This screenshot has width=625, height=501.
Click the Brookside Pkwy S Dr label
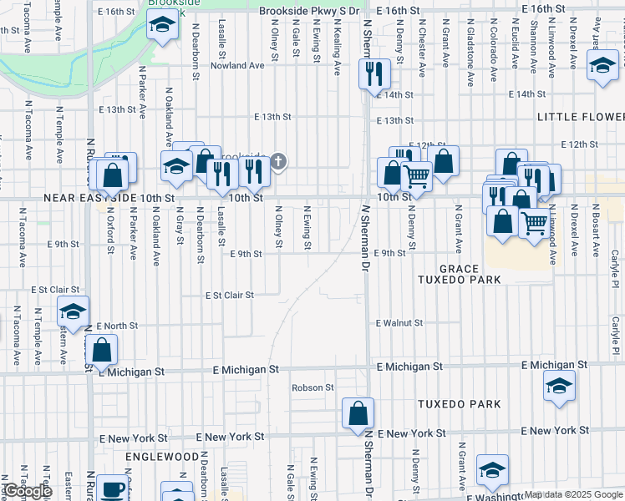pos(308,11)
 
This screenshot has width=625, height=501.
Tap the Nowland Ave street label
pos(236,65)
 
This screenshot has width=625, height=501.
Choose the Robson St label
pos(312,387)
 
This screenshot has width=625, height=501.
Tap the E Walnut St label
pos(400,322)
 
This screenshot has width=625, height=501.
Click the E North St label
pos(117,326)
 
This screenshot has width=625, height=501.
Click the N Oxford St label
pos(110,230)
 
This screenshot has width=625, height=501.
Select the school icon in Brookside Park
pos(159,28)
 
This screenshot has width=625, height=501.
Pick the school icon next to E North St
pos(73,311)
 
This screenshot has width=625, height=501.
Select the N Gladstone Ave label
pos(472,54)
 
